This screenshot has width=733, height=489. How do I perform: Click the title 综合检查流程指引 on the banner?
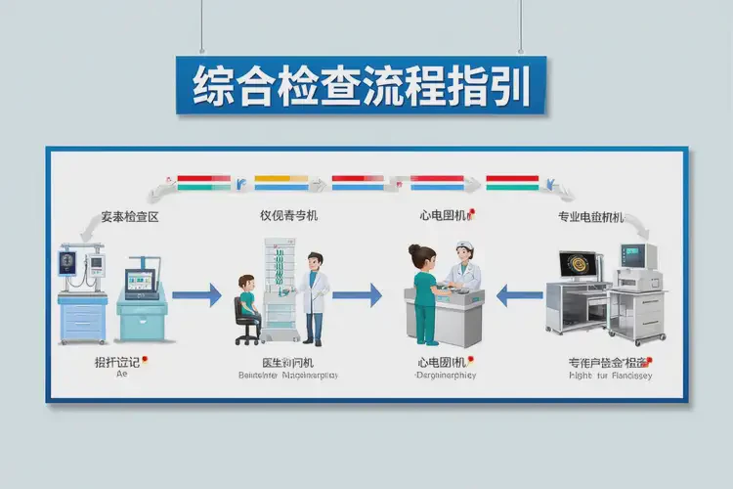[x=362, y=87]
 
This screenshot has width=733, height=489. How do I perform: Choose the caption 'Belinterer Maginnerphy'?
[x=286, y=376]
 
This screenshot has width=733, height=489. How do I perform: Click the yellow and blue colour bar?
[x=280, y=182]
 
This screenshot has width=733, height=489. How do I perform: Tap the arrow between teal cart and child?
[x=196, y=293]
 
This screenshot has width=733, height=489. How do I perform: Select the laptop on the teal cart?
[x=141, y=284]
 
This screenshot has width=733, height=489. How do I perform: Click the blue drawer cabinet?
[x=82, y=318]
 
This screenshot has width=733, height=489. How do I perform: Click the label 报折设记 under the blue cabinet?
[x=115, y=362]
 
